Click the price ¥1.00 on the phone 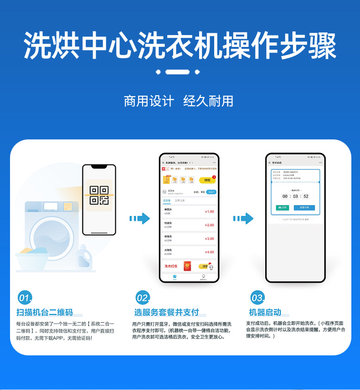point(209,211)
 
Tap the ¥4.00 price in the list point(209,252)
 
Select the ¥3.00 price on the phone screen point(209,239)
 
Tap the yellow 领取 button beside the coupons point(208,180)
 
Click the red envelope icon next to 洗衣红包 point(186,266)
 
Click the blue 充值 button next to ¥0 point(211,192)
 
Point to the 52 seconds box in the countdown point(306,196)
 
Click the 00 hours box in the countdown point(285,196)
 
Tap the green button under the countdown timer point(283,208)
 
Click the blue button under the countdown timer point(304,208)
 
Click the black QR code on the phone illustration point(98,195)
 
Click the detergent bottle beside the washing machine point(83,257)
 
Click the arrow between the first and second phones point(139,219)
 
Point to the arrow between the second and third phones point(243,219)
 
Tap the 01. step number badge point(25,298)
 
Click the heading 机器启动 point(265,313)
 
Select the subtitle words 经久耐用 point(208,101)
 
